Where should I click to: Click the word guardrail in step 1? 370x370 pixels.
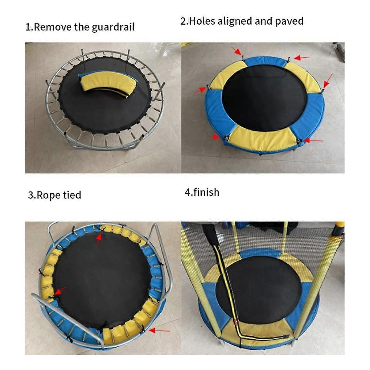pyautogui.click(x=113, y=27)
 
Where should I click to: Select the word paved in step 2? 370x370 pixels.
pyautogui.click(x=289, y=21)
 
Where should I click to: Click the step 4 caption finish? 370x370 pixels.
pyautogui.click(x=206, y=192)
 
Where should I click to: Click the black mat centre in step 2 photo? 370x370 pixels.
pyautogui.click(x=265, y=98)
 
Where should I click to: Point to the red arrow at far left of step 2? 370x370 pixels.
pyautogui.click(x=200, y=90)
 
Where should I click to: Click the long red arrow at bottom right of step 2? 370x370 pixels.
pyautogui.click(x=313, y=141)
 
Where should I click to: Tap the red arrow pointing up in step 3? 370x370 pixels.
pyautogui.click(x=99, y=240)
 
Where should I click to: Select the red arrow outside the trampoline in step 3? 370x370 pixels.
pyautogui.click(x=159, y=331)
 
